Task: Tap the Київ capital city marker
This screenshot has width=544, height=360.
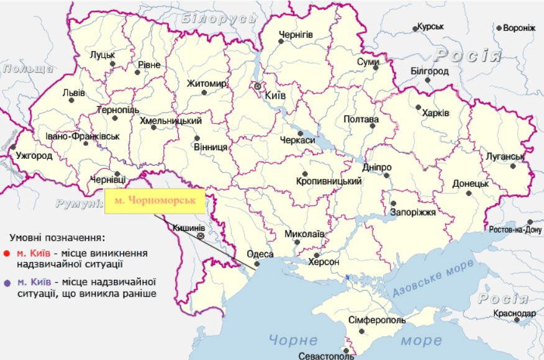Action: coord(257,86)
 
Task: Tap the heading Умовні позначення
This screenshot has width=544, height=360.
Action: coord(57,237)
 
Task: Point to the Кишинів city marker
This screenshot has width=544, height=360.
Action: coord(200,236)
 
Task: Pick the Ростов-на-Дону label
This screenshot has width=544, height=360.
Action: coord(515,230)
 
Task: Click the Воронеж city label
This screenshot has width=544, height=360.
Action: coord(519,28)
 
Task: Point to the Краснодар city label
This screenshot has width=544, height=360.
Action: coord(514,313)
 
